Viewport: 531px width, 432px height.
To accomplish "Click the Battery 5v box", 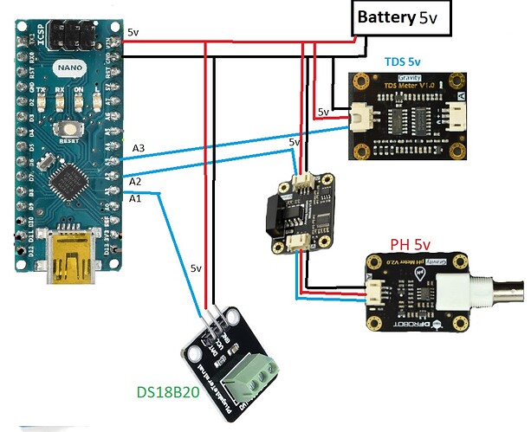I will coord(402,18).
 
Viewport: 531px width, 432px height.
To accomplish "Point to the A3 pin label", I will coord(139,149).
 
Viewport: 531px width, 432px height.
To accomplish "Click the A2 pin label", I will coord(135,182).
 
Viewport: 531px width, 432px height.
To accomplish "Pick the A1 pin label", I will coord(134,199).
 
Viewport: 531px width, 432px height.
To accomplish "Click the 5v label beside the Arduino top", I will coord(133,32).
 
